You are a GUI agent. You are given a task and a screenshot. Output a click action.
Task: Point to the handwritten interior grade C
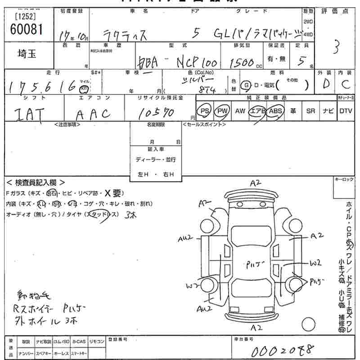click(346, 84)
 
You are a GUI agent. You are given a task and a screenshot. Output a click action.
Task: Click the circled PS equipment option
click(205, 111)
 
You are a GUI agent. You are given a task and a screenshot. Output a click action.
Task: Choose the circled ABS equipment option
click(274, 111)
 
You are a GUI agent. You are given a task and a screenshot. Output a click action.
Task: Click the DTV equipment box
click(346, 111)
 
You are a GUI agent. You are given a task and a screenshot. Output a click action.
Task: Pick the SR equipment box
click(310, 111)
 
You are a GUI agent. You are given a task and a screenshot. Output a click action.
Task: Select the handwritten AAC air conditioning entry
click(92, 114)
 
